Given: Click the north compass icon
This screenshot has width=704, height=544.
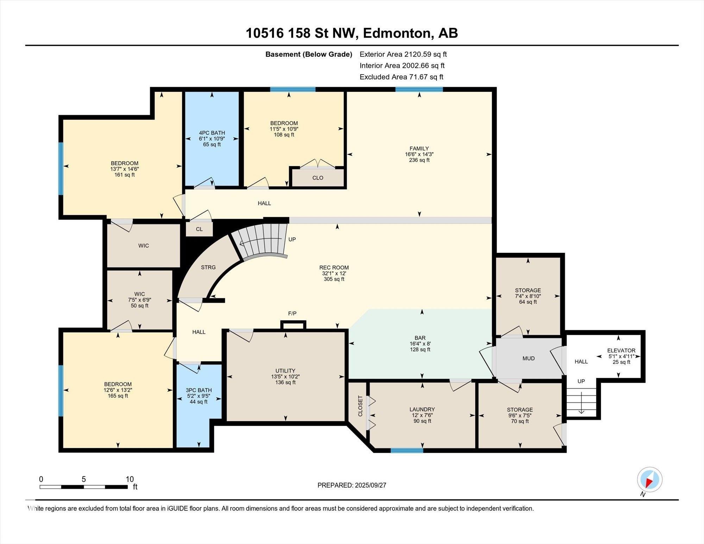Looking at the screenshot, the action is click(x=649, y=480).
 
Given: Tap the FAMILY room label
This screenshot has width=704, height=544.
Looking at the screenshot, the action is click(x=419, y=149).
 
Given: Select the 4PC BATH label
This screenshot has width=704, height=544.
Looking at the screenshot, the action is click(x=212, y=133).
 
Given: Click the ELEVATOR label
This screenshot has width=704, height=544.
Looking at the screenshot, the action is click(x=621, y=350).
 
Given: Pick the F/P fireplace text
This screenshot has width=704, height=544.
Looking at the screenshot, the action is click(x=292, y=313).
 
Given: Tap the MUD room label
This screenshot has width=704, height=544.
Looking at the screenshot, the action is click(x=528, y=358).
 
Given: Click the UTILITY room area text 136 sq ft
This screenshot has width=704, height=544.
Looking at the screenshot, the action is click(x=285, y=382).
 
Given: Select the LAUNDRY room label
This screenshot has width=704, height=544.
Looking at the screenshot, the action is click(x=422, y=409).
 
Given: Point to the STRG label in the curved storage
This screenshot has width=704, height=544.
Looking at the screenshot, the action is click(x=208, y=267).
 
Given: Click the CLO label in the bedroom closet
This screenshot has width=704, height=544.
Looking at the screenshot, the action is click(x=318, y=178).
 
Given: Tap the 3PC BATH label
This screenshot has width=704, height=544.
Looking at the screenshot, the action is click(x=199, y=390).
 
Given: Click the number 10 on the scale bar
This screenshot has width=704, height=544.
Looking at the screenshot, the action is click(x=130, y=479).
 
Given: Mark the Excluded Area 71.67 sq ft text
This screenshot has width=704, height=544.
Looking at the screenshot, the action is click(x=401, y=77).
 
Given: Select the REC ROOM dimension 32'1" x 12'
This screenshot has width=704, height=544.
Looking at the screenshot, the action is click(x=334, y=273).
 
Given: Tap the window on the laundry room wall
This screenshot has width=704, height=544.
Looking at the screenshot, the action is click(x=407, y=450).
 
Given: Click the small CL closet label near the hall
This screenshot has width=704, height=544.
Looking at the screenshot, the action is click(x=199, y=229).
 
